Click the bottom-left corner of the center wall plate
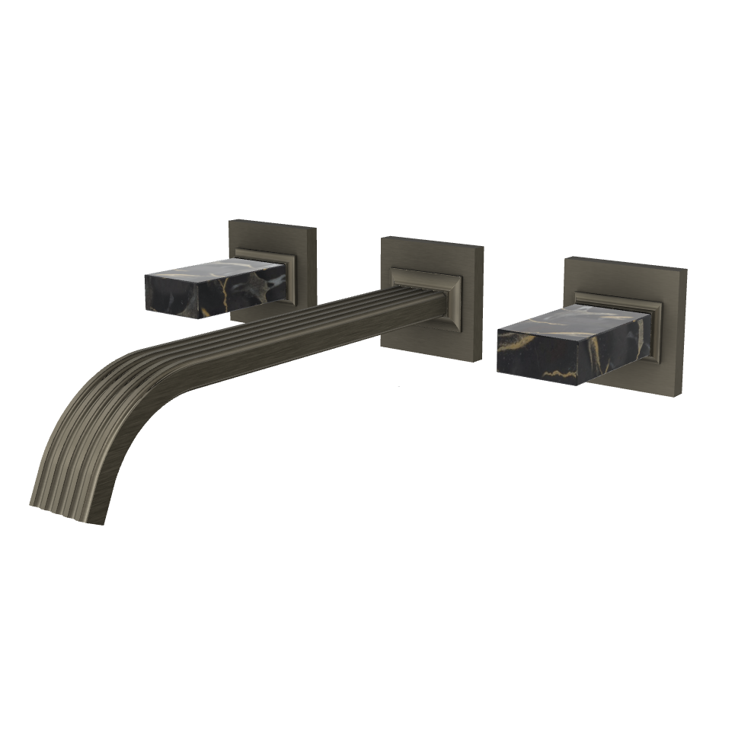click(x=382, y=347)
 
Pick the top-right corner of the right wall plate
click(x=686, y=270)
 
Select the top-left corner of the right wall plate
click(x=566, y=258)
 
